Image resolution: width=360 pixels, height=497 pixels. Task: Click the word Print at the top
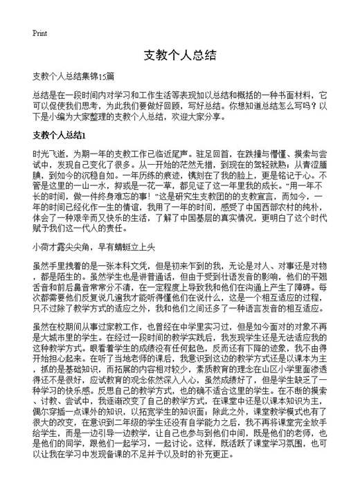pyautogui.click(x=39, y=33)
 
